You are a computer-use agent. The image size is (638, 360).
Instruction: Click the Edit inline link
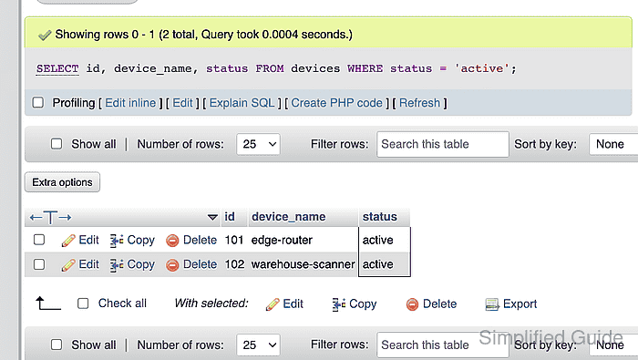130,103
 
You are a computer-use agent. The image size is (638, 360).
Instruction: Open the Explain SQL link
242,103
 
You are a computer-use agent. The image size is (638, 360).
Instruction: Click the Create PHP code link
336,103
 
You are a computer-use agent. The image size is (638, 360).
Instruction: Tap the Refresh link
419,103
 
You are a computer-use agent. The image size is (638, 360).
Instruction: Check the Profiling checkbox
38,102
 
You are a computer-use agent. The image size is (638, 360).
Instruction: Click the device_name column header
289,217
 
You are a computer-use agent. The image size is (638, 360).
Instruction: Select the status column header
380,217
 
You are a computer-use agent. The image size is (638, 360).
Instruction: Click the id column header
230,217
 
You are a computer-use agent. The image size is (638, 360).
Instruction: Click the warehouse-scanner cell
303,264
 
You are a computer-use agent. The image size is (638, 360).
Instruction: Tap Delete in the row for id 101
191,240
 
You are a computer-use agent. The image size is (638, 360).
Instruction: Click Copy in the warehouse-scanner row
132,264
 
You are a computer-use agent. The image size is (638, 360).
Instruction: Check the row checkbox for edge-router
39,240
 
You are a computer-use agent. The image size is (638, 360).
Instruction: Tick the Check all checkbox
83,303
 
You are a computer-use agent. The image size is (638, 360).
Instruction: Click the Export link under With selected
511,303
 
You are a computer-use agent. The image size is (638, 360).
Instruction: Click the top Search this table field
443,144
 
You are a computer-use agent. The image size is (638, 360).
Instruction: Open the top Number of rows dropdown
258,144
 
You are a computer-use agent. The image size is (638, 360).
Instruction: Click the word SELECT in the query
57,68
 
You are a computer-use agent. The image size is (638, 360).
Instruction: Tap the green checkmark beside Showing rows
45,36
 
